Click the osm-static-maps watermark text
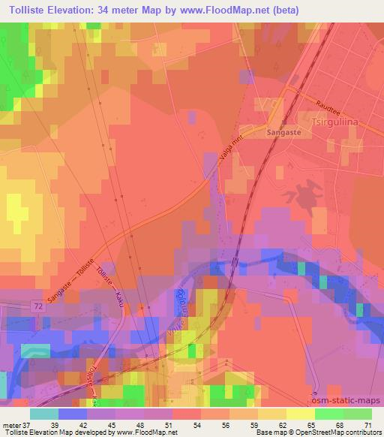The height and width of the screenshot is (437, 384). coord(346,402)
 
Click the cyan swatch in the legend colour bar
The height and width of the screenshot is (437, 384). coord(44,414)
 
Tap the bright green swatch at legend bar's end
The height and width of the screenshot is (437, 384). coord(357,414)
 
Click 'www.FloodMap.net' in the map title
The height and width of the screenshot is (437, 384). coord(237,11)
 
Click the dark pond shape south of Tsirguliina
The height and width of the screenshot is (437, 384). coord(303,191)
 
